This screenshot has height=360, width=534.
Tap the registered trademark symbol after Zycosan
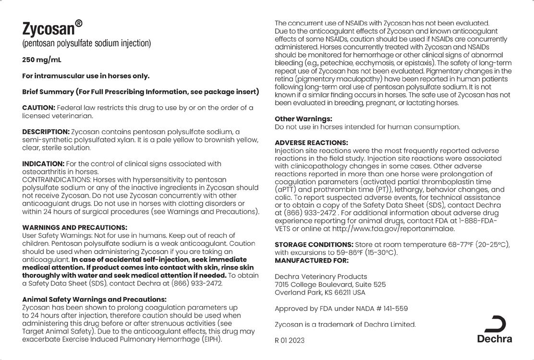pos(79,23)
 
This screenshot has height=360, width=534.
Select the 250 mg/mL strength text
pos(42,60)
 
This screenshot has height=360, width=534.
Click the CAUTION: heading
pos(39,108)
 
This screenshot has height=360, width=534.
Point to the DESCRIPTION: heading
pos(46,132)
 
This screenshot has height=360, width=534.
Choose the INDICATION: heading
pos(43,164)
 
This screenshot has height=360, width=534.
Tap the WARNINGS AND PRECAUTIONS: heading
pos(75,227)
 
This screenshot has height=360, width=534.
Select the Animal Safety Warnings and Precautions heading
pos(94,299)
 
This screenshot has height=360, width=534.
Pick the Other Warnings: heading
pos(303,119)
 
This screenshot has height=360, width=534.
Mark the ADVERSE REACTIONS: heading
pos(311,143)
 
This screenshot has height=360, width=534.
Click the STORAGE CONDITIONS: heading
pos(314,244)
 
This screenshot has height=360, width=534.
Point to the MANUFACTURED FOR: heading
pos(312,261)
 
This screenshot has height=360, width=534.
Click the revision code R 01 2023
pos(290,340)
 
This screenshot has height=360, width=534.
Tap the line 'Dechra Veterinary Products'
pos(321,276)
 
